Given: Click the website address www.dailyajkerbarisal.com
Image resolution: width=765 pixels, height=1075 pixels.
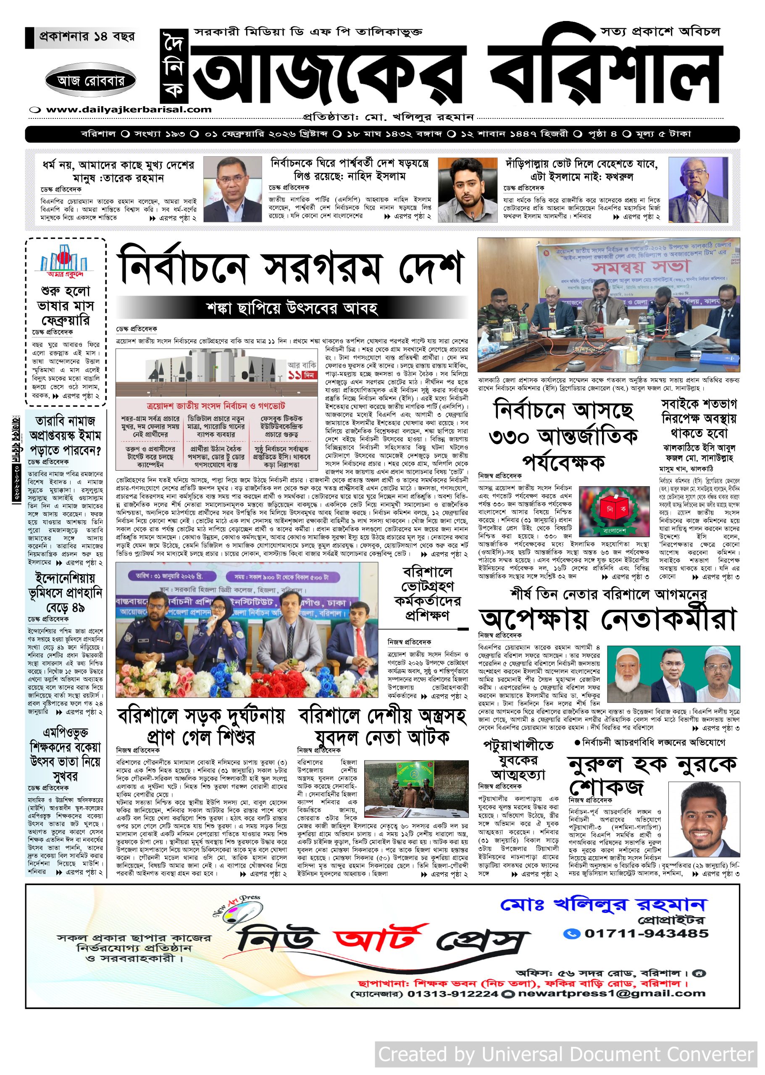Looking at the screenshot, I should (x=129, y=110).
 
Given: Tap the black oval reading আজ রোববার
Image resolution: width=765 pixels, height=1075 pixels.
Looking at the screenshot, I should (x=91, y=81).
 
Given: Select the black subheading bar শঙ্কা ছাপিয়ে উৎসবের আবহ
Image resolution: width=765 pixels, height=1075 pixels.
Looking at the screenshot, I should (x=292, y=308).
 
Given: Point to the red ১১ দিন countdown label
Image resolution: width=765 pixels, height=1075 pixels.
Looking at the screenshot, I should (x=302, y=375).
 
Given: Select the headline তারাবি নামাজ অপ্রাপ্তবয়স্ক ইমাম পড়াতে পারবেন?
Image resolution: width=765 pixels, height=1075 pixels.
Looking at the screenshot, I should (x=66, y=435).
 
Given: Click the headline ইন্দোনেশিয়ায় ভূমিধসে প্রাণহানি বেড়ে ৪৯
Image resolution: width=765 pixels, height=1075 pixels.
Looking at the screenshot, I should (x=65, y=593).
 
